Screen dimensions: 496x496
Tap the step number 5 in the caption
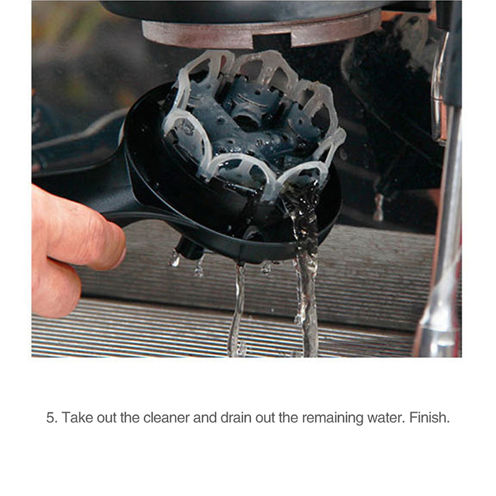pos(50,418)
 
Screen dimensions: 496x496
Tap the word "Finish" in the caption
pos(430,417)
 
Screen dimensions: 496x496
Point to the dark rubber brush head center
pos(250,126)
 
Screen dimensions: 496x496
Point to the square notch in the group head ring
pos(272,41)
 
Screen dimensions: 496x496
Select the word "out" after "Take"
pos(107,418)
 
